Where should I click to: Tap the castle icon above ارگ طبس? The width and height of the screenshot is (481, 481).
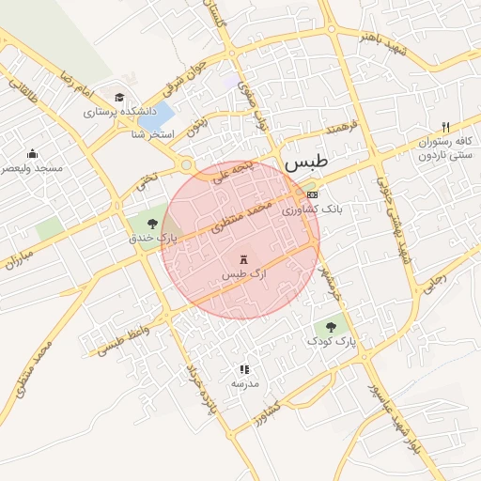click(245, 258)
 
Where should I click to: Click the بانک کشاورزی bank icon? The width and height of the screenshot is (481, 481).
click(312, 194)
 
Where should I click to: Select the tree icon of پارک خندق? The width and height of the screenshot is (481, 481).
click(152, 223)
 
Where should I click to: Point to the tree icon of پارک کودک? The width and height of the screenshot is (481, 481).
click(330, 327)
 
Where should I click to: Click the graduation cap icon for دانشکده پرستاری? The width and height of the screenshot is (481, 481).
click(119, 98)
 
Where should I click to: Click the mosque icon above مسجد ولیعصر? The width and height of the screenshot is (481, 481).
click(32, 154)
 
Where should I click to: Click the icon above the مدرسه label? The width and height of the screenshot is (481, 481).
click(244, 370)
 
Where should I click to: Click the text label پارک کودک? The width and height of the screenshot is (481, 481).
click(335, 343)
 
